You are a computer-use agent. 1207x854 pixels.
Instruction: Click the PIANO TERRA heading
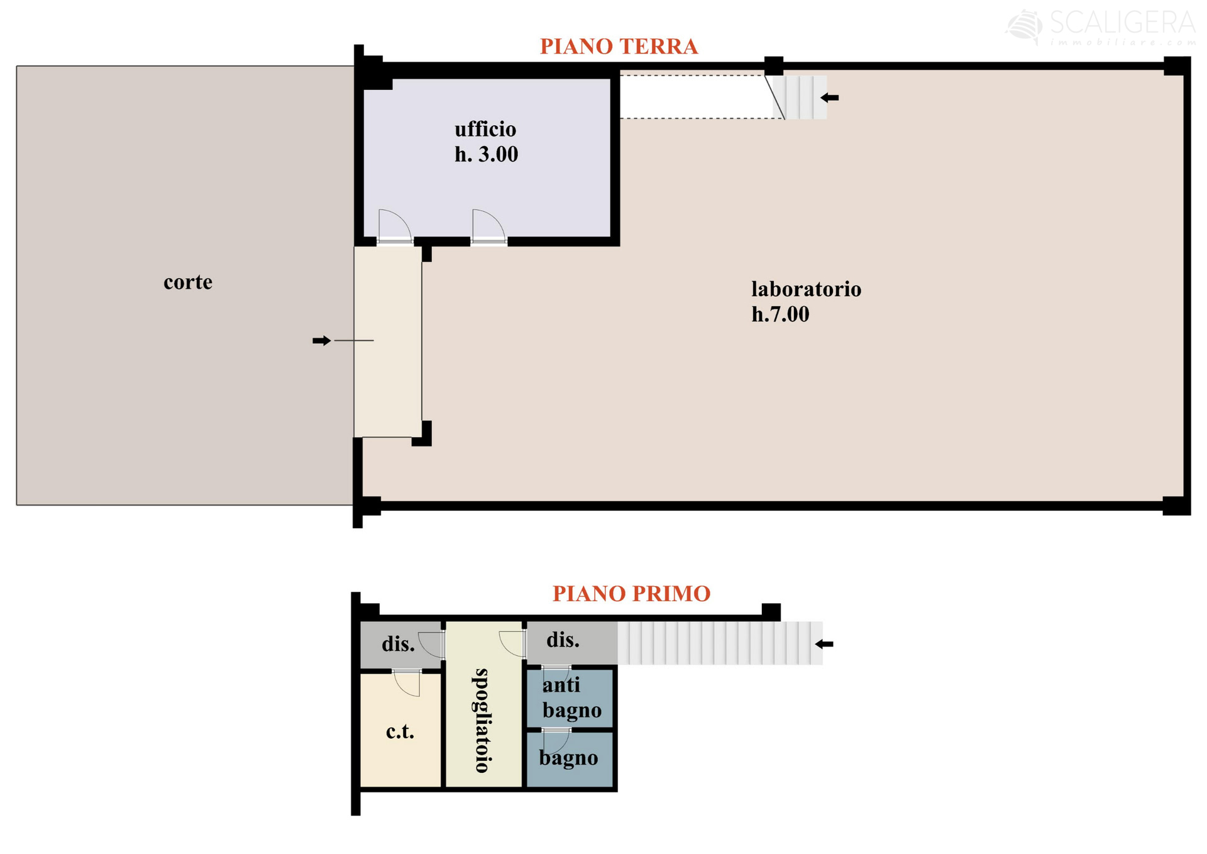619,47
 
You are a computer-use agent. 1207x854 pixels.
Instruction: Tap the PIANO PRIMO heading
631,594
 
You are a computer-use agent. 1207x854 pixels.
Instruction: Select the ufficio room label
485,130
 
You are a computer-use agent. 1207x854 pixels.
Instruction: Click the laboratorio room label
806,289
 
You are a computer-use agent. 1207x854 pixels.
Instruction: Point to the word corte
188,282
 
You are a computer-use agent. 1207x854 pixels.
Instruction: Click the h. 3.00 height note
487,155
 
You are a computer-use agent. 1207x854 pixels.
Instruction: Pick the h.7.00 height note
780,314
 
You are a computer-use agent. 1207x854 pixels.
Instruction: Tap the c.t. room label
400,731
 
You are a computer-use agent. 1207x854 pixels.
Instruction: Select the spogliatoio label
482,721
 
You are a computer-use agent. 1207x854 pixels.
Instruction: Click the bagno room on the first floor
570,760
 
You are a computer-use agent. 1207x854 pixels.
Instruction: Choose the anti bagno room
570,698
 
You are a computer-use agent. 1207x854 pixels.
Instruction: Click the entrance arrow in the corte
322,341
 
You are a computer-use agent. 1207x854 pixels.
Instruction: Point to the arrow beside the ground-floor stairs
830,97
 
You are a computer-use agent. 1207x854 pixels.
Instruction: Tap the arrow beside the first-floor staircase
824,644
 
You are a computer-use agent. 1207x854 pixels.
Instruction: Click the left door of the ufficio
395,226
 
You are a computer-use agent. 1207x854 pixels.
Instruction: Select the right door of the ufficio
488,226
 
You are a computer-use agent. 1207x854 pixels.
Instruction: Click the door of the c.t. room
407,684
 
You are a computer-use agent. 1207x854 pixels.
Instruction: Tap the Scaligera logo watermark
1100,28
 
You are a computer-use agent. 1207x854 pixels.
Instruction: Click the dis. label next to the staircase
563,640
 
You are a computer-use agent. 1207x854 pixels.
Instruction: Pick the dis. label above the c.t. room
398,644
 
